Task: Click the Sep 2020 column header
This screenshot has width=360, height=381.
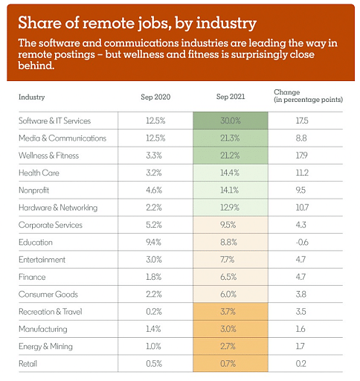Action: tap(155, 97)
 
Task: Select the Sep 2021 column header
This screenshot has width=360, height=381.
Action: tap(231, 97)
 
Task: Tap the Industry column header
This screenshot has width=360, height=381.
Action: tap(31, 97)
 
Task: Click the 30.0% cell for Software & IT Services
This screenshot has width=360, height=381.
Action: tap(231, 121)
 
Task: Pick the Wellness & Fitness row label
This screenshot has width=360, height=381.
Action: tap(48, 156)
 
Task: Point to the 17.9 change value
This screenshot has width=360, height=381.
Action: tap(301, 156)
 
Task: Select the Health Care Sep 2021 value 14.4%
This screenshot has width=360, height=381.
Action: tap(230, 173)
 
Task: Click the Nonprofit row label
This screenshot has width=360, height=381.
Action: tap(33, 190)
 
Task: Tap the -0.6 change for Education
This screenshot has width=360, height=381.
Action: tap(302, 242)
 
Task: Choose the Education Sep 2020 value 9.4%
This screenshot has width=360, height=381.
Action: tap(154, 242)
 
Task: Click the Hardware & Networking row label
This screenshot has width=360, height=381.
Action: tap(58, 208)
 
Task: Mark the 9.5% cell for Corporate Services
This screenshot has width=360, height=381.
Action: tap(228, 225)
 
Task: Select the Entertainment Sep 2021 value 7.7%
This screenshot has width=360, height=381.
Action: tap(227, 260)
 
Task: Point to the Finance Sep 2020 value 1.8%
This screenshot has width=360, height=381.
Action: tap(154, 277)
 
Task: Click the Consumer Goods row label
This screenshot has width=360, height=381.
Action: tap(48, 295)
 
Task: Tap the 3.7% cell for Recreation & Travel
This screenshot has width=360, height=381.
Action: tap(228, 312)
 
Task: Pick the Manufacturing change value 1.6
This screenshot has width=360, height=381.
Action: tap(300, 329)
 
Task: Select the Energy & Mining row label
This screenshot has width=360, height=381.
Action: tap(45, 347)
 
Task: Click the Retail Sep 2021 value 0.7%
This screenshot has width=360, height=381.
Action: tap(228, 364)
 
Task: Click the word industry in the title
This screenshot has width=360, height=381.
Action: tap(226, 23)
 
